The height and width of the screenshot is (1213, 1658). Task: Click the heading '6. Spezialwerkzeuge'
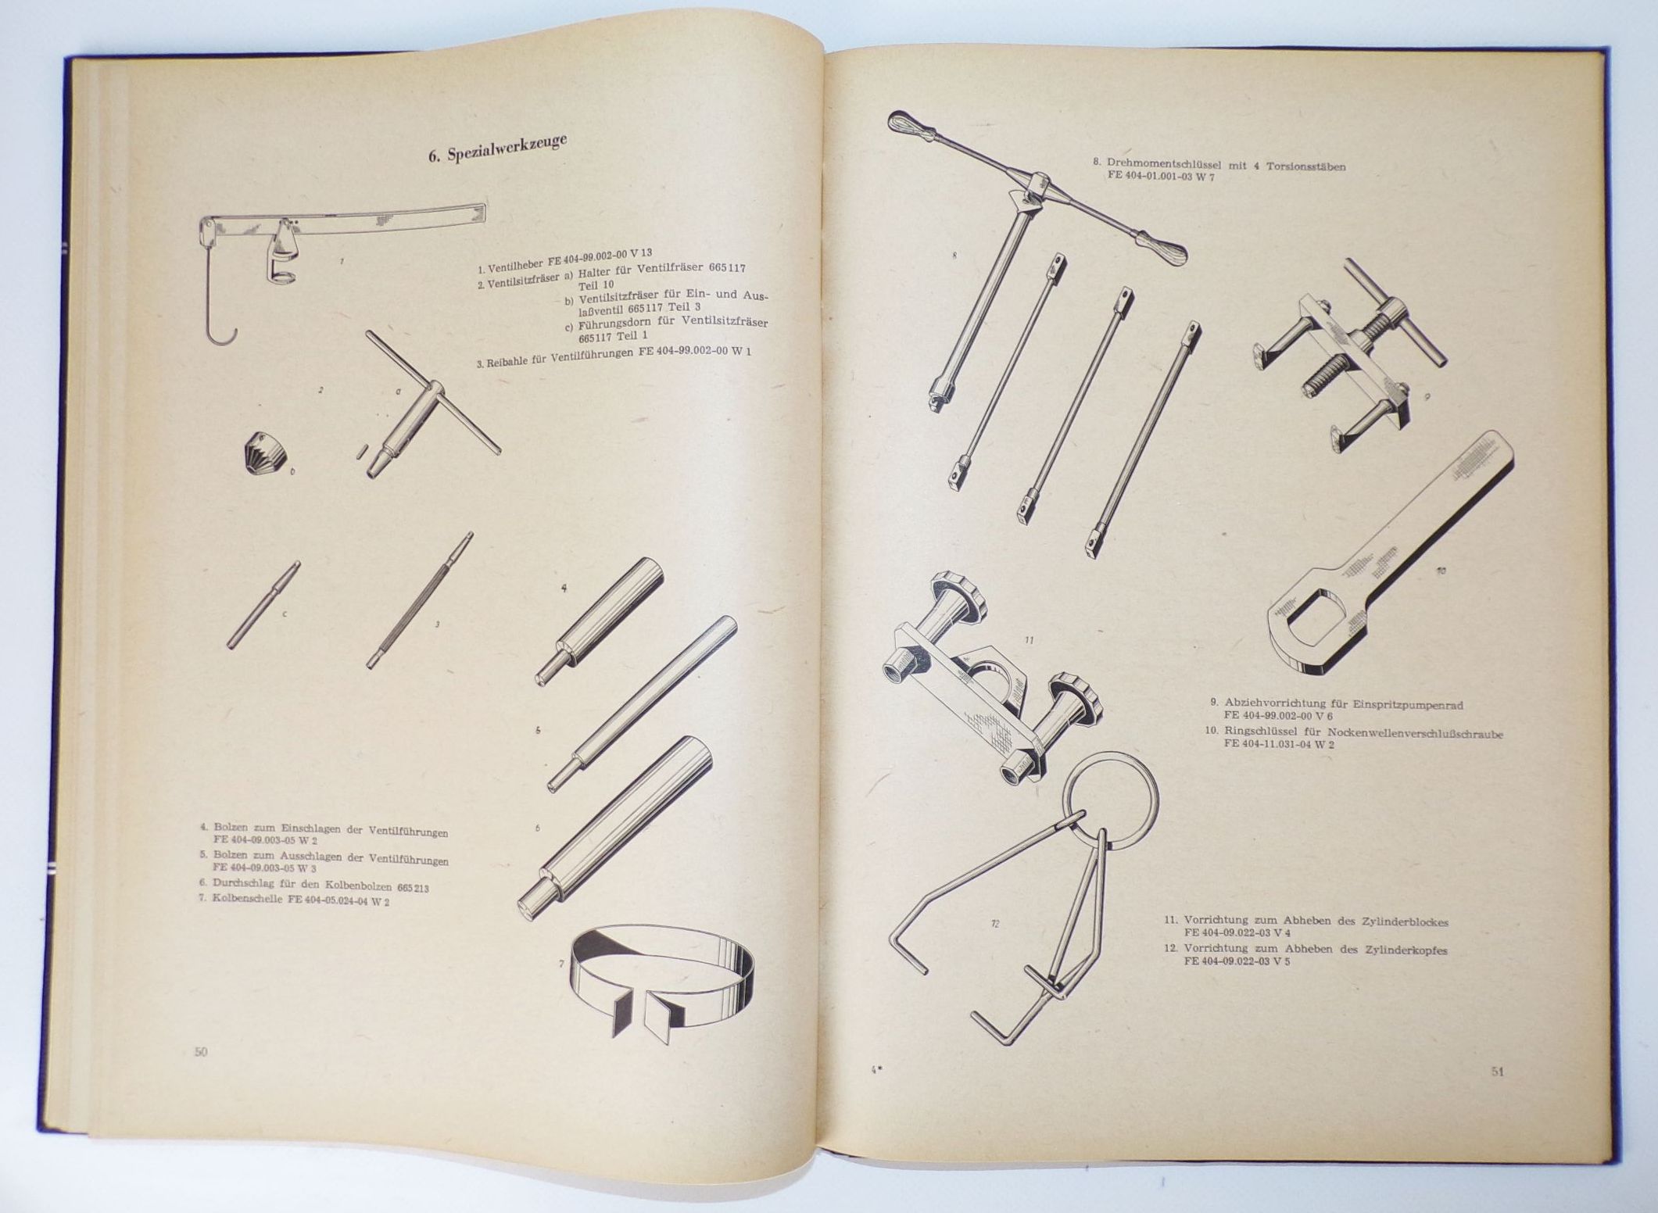tap(497, 148)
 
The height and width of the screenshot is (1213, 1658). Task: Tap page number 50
tap(201, 1052)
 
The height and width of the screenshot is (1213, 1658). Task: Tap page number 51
tap(1497, 1072)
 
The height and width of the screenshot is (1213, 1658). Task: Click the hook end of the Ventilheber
tap(221, 335)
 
